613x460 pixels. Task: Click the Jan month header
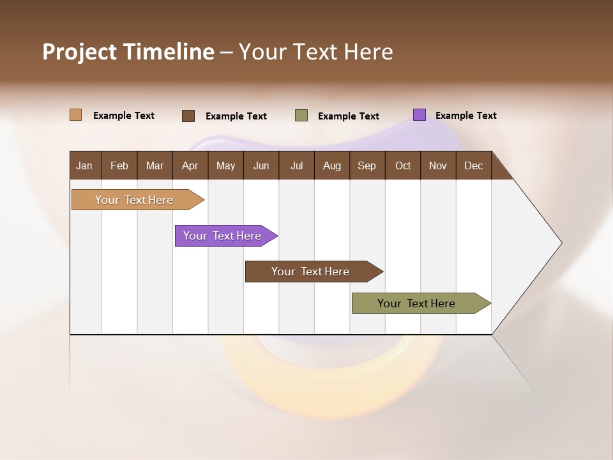[85, 165]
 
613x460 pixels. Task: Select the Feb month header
[119, 165]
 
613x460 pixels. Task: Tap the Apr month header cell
[190, 165]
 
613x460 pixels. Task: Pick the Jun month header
[261, 165]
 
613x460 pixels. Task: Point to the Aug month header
[332, 165]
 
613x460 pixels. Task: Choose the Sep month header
[367, 165]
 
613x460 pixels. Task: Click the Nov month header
[438, 165]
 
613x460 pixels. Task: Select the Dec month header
[474, 165]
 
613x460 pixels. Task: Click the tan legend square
[76, 115]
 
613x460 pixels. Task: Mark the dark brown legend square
[188, 116]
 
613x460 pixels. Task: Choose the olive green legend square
[301, 116]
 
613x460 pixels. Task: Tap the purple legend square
[420, 115]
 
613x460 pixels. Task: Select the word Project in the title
[79, 52]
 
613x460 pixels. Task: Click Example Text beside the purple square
[465, 116]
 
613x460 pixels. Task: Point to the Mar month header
[155, 165]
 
